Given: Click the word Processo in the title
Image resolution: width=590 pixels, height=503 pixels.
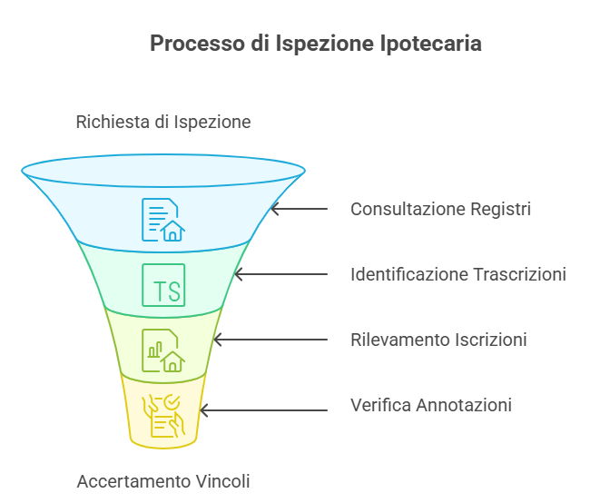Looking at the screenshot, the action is coord(198,44).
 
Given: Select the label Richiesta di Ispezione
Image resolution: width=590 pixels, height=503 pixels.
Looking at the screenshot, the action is coord(163,122).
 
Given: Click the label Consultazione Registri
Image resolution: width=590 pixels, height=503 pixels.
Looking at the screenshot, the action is coord(440,209).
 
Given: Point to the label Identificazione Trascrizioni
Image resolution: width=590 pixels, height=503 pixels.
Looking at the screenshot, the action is coord(458,274).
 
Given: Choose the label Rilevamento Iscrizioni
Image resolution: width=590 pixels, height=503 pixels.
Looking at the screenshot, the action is coord(438,340).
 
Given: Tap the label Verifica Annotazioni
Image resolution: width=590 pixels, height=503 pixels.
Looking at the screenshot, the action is coord(431,405).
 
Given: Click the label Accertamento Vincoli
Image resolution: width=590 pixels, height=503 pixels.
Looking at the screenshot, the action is coord(163,481).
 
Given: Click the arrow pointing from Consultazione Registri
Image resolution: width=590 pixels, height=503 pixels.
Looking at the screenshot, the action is coord(300,209).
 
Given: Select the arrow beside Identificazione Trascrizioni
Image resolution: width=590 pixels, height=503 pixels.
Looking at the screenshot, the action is coord(281,274).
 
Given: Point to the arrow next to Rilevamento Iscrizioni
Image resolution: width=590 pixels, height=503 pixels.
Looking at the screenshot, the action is coord(270,340).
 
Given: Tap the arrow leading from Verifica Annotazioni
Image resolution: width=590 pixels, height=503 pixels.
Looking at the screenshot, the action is coord(264,410).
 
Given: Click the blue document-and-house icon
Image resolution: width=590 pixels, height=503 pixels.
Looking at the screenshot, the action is coord(163,220).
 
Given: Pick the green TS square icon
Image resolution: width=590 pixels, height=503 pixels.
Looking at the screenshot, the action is coord(163,285).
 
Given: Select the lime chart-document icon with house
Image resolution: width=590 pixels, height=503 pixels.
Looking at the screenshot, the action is coord(163,350).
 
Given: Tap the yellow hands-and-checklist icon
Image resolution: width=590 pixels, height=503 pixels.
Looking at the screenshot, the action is coord(163,416).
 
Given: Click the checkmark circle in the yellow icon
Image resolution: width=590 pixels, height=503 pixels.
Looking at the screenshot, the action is coord(172,402).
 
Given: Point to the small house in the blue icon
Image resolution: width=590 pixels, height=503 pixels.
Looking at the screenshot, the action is coord(172,231).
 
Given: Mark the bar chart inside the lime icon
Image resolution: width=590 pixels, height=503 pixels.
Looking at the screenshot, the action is coord(154,350).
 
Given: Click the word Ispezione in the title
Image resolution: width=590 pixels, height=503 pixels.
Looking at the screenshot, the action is coord(325,44).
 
